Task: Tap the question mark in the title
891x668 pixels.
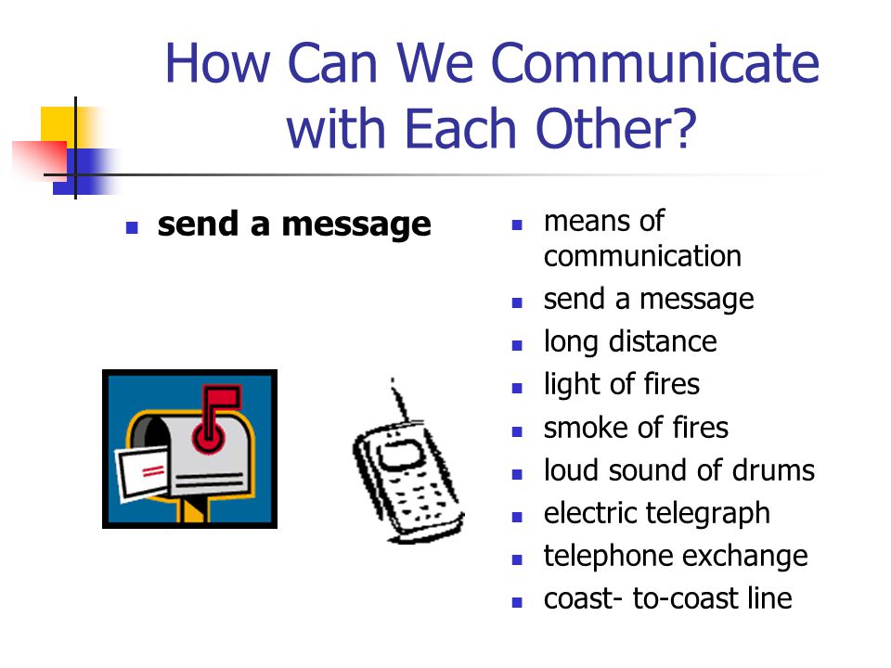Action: tap(682, 128)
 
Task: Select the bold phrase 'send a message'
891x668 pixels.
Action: tap(294, 225)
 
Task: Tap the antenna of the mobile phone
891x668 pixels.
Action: tap(399, 400)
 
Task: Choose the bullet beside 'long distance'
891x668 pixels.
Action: tap(517, 345)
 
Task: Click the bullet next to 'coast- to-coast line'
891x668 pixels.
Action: tap(517, 602)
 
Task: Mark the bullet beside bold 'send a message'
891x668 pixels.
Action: tap(132, 228)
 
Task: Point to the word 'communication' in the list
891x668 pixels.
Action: tap(642, 256)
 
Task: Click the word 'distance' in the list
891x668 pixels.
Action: tap(663, 342)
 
